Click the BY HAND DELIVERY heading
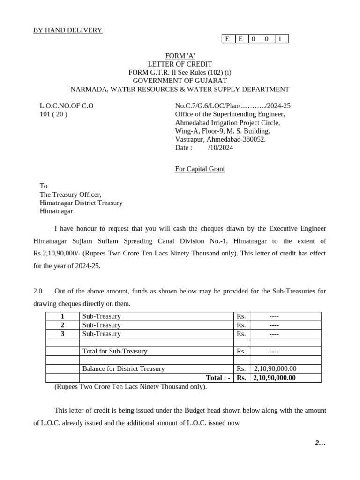67,30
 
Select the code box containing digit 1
280,39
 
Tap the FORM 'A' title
180,56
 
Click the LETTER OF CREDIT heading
180,64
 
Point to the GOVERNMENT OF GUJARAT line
180,81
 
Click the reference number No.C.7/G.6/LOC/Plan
232,106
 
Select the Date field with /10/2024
204,148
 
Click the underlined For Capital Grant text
200,169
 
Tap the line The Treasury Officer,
70,195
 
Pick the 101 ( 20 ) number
53,114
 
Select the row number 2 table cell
62,325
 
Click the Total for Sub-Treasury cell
115,351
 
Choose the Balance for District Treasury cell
123,369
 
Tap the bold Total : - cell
218,378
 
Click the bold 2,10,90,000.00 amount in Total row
274,378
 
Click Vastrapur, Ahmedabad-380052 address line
220,139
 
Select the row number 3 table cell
62,334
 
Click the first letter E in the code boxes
227,39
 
